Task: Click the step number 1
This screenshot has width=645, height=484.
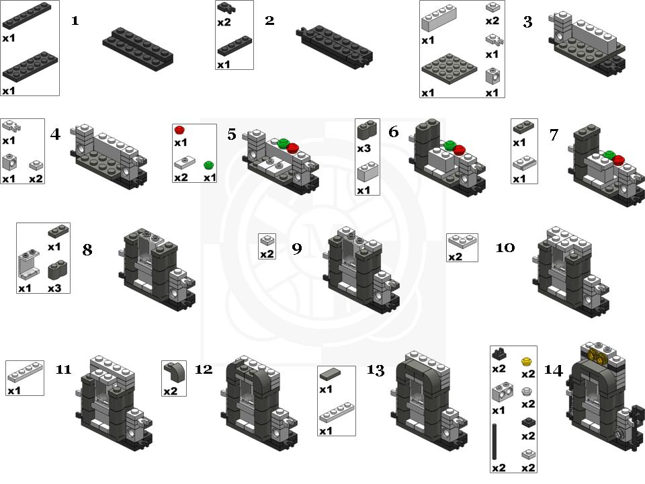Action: tap(75, 21)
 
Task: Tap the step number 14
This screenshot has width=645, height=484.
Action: tap(553, 370)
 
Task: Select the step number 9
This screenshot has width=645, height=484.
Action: tap(297, 249)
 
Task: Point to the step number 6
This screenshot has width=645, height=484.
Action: tap(393, 132)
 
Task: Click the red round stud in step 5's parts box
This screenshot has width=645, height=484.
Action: tap(179, 130)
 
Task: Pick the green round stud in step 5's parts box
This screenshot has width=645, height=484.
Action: tap(209, 165)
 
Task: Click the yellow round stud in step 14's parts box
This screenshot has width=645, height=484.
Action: tap(527, 362)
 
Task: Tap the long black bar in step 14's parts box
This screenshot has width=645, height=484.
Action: tap(494, 442)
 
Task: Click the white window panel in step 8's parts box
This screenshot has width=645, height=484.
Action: tap(29, 264)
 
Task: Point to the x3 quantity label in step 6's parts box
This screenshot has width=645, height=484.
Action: tap(363, 148)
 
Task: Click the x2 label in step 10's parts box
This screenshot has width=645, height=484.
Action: tap(455, 257)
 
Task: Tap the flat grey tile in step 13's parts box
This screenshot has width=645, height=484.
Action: tap(331, 374)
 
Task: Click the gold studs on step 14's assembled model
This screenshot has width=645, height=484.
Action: tap(598, 356)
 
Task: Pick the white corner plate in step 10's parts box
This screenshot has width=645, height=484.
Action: tap(462, 241)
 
